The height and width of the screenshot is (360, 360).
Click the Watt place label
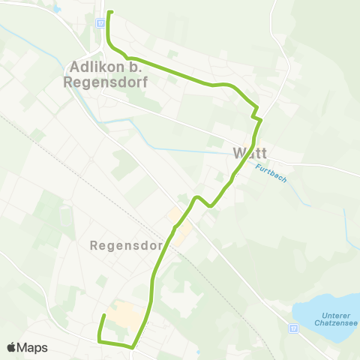250,153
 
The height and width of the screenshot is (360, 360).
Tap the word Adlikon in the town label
94,65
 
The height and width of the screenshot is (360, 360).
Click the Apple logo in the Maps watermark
11,347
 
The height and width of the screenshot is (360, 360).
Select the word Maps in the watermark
32,347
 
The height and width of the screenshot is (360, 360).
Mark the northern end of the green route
109,13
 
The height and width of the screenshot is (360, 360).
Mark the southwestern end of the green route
103,316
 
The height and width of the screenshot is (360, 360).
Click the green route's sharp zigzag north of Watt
257,114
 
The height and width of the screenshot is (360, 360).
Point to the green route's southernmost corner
133,347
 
